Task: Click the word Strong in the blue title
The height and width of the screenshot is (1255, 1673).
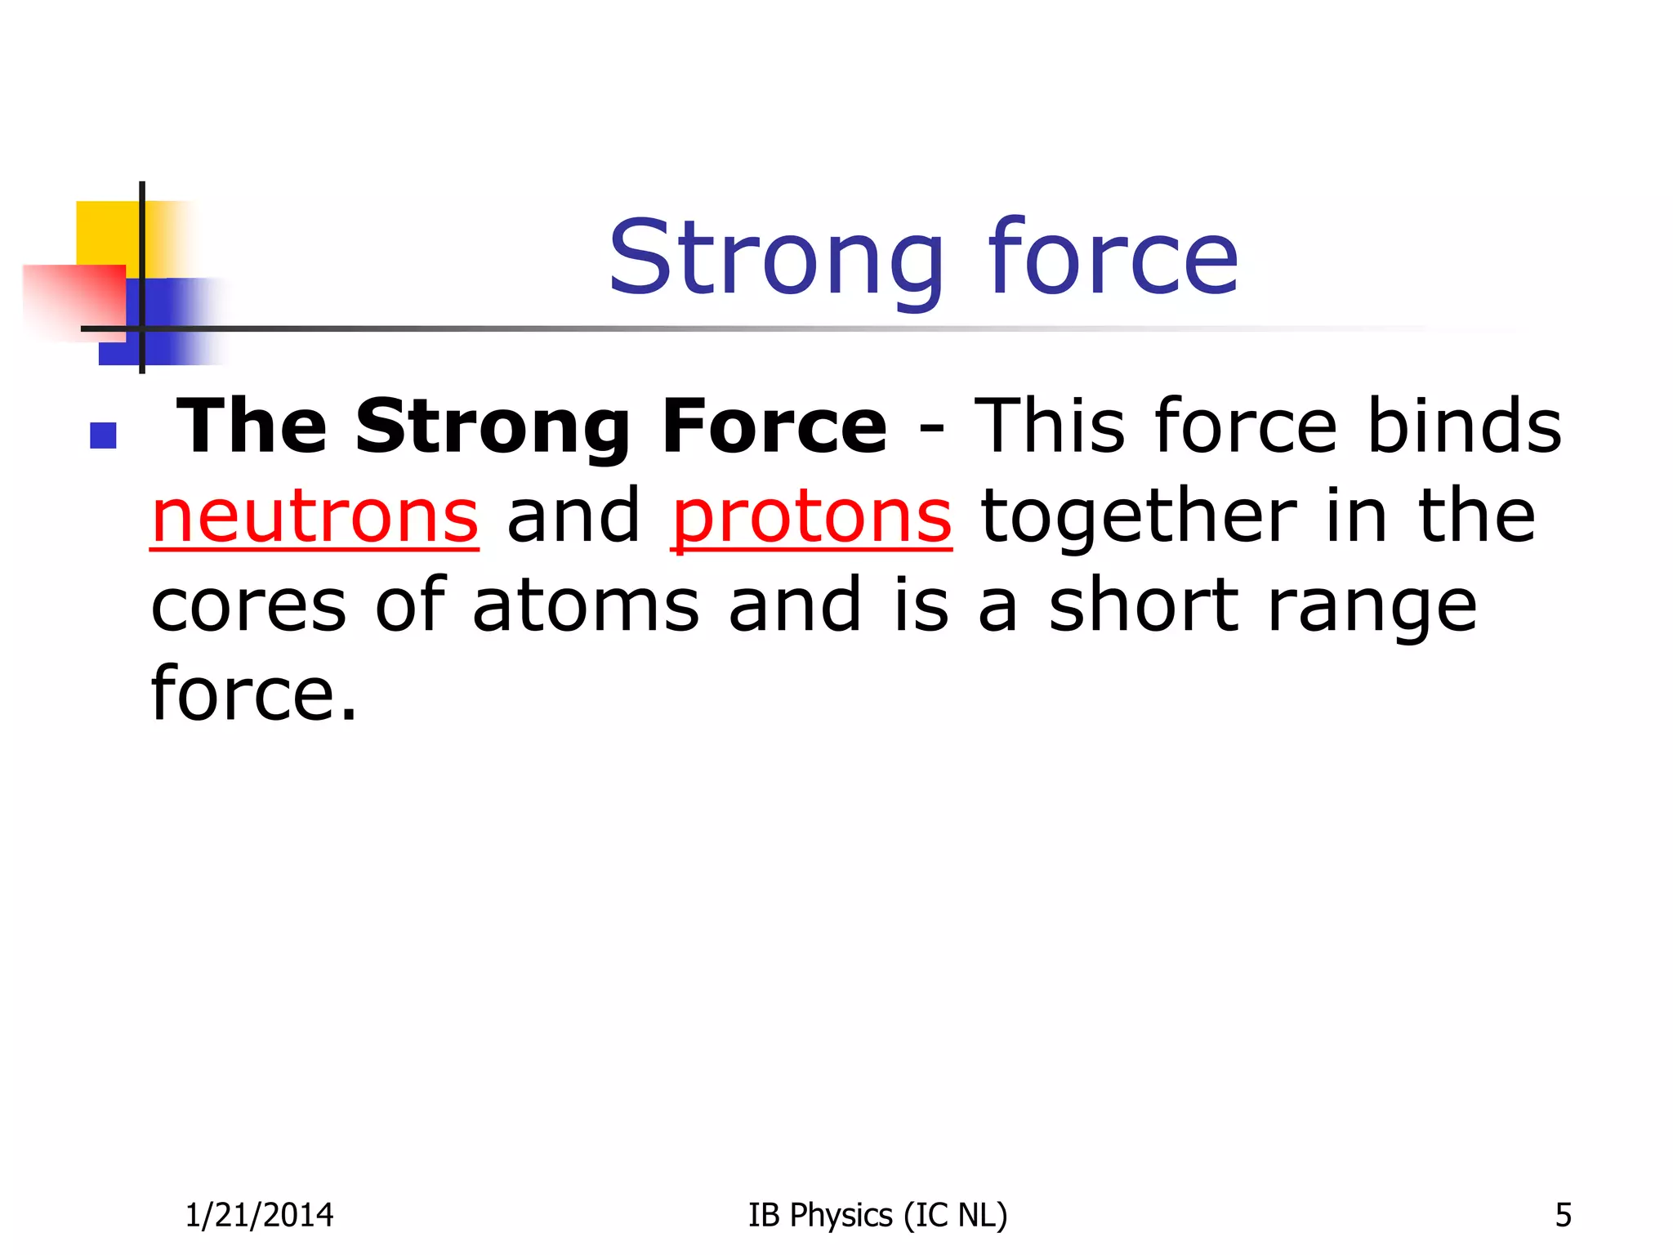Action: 776,260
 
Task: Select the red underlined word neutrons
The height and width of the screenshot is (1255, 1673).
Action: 315,516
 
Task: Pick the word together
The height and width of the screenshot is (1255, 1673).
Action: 1139,518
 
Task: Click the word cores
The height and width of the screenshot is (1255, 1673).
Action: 249,606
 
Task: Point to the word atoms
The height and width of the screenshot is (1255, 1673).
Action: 586,606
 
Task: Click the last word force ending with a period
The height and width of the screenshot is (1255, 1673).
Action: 254,694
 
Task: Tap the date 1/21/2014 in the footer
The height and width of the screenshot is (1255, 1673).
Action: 259,1215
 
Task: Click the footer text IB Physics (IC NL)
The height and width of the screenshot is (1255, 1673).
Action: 877,1215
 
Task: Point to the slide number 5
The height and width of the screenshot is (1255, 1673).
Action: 1563,1215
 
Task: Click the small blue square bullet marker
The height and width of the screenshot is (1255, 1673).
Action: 103,435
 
